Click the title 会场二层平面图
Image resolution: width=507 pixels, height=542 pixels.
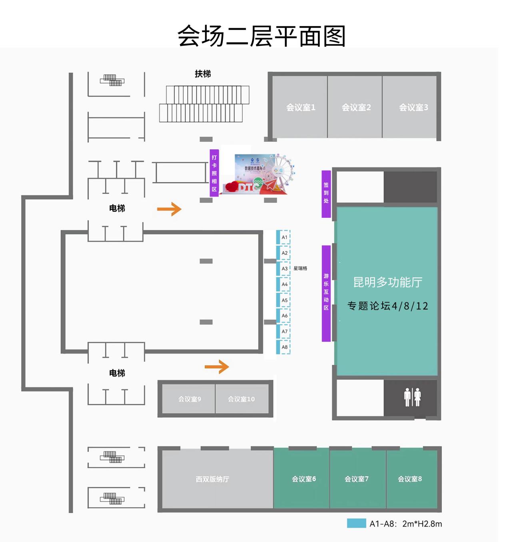261,36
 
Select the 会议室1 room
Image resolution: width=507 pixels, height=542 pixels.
301,107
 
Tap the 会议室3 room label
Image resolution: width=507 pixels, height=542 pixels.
413,107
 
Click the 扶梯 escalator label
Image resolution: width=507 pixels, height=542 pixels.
203,74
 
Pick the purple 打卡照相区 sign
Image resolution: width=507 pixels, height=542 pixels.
214,173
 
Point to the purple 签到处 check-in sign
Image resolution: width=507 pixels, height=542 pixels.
326,193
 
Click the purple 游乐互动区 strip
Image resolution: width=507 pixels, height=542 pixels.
326,293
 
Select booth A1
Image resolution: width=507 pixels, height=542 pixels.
284,237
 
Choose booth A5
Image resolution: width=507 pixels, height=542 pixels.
284,300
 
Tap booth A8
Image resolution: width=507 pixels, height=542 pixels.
284,347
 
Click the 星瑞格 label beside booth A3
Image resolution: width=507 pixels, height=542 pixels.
300,268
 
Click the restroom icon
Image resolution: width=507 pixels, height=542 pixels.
412,397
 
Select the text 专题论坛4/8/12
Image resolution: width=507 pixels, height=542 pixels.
387,306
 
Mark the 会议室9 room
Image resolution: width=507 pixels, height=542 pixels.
189,399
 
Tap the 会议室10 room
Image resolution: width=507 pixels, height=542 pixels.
241,399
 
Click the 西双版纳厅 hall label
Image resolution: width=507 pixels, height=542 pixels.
212,479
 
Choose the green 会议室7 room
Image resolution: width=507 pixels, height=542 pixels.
357,479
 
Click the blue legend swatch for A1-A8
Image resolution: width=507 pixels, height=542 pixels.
356,524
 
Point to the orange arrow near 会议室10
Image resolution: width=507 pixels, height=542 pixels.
217,366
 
